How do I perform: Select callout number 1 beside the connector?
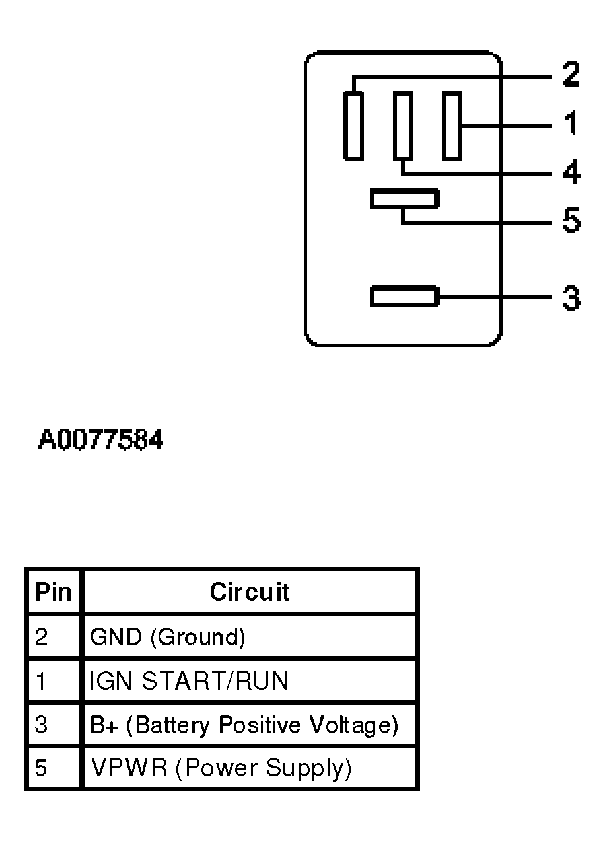[571, 124]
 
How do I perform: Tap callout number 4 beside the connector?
[571, 172]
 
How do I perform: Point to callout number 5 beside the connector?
[571, 221]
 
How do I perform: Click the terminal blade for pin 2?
[353, 126]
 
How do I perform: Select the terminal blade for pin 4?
[402, 126]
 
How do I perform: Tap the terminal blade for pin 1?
[451, 126]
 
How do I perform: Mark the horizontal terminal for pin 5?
[404, 199]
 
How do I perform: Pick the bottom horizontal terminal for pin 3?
[404, 296]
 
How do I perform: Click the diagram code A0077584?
[100, 440]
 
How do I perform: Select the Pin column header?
[53, 591]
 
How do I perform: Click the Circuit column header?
[250, 591]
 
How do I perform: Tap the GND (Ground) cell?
[168, 637]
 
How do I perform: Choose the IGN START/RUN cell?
[189, 680]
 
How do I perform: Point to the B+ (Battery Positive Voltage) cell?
[244, 725]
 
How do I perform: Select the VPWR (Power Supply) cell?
[221, 768]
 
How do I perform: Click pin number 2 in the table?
[41, 637]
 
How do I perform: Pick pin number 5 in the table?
[41, 768]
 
